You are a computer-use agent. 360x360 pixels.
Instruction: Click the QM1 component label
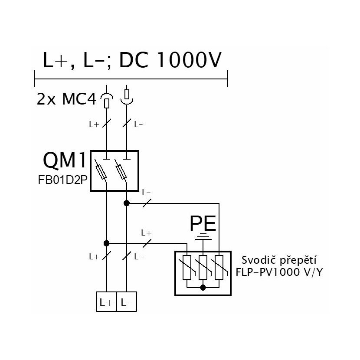pos(65,160)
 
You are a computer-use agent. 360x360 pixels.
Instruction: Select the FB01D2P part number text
pos(63,180)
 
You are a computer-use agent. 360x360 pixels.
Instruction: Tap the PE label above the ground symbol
pos(203,223)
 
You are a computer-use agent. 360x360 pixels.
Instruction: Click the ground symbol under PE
pos(203,236)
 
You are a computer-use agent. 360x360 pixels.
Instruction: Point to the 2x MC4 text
pos(66,99)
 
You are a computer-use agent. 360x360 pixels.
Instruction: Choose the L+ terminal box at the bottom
pos(107,302)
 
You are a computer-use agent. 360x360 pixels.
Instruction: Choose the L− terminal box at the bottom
pos(127,302)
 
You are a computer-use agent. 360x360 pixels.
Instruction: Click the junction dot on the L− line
pos(127,203)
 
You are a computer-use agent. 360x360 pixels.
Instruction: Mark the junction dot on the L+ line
pos(107,243)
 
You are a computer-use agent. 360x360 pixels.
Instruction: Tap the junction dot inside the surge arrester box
pos(203,287)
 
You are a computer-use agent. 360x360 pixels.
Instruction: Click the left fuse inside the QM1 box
pos(101,172)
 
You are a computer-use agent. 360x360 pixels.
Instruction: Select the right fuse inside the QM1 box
pos(121,172)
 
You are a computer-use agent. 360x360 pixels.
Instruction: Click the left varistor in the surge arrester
pos(187,267)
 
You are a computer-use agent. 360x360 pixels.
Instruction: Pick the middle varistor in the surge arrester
pos(203,267)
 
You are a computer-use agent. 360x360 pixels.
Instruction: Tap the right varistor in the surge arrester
pos(219,267)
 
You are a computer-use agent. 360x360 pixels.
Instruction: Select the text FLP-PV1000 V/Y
pos(279,272)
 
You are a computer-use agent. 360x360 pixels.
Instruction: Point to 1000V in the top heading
pos(189,60)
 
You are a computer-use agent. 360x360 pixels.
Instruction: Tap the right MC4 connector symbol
pos(127,97)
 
